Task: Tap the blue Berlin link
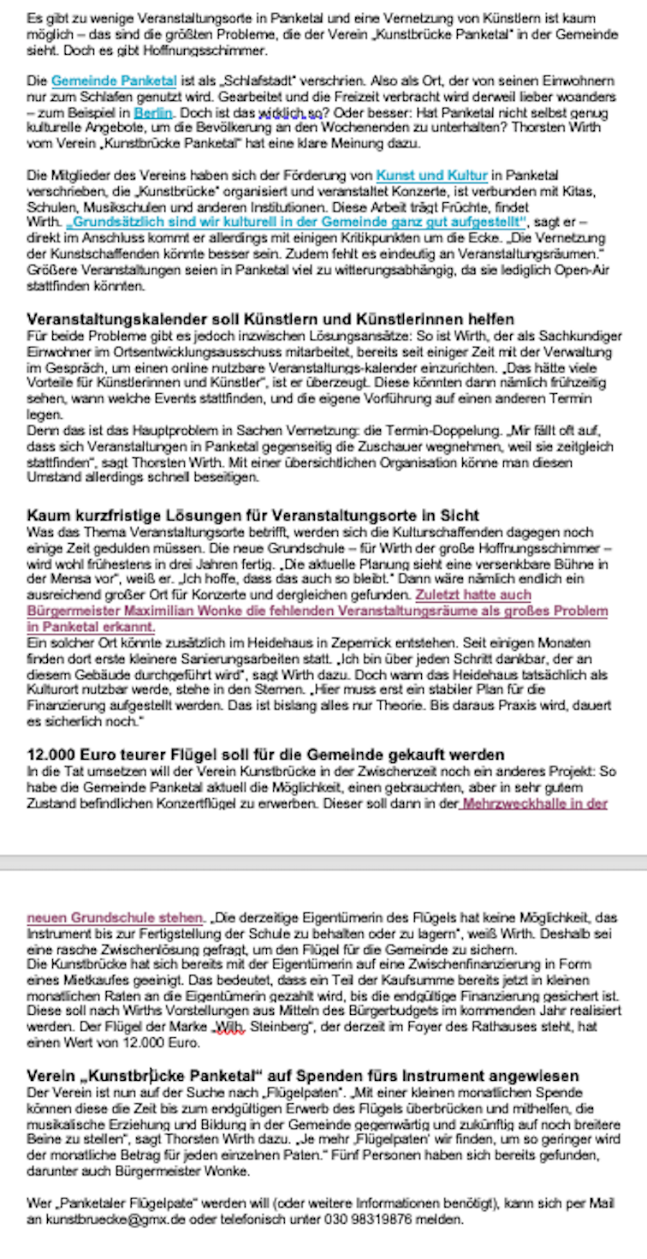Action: tap(154, 112)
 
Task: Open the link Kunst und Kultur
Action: tap(431, 176)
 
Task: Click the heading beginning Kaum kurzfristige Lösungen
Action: tap(253, 516)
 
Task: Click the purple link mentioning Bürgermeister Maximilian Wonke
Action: tap(317, 612)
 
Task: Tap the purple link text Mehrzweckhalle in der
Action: tap(535, 803)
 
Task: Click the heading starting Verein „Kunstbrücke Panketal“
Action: tap(303, 1075)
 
